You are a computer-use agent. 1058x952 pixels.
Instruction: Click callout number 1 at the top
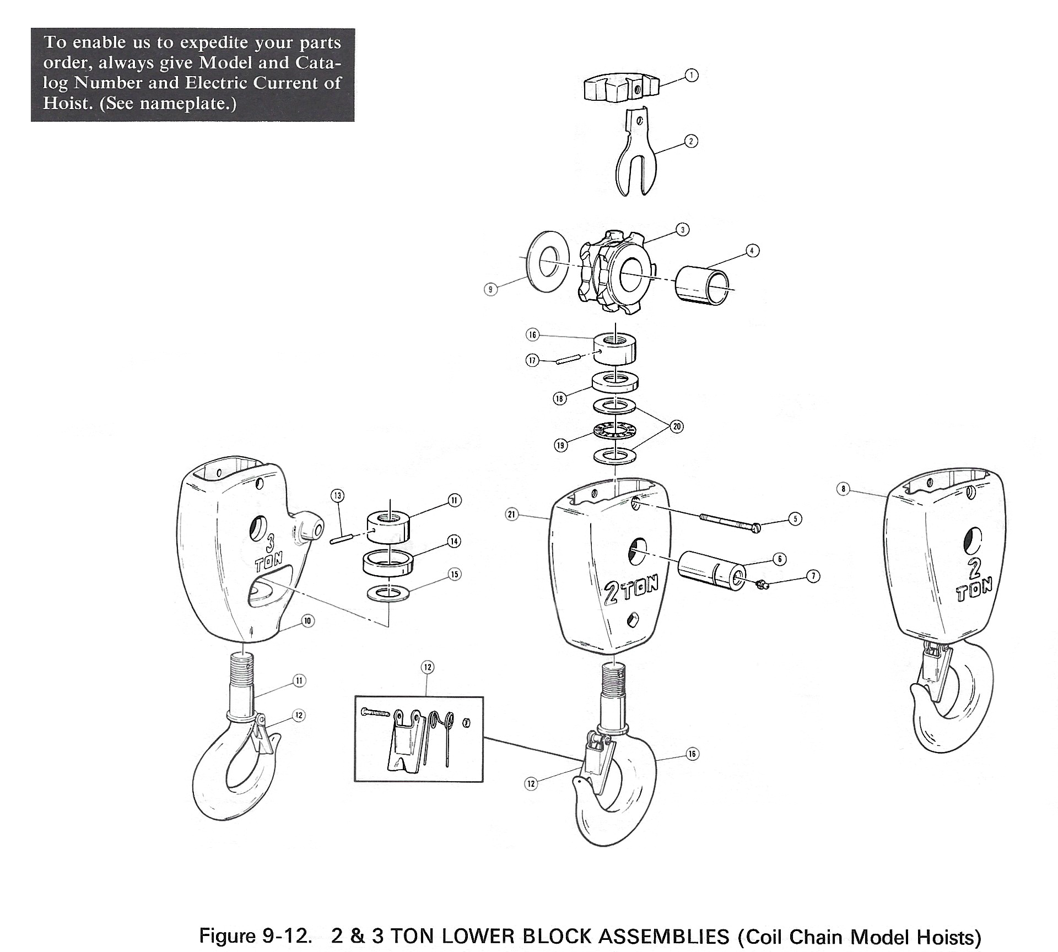[691, 75]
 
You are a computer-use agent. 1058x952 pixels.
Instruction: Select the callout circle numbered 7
[814, 576]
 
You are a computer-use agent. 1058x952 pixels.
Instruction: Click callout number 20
[677, 426]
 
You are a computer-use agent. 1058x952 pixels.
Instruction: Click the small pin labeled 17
[566, 360]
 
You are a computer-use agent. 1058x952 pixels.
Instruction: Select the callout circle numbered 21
[512, 515]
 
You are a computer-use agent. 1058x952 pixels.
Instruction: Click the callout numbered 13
[337, 495]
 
